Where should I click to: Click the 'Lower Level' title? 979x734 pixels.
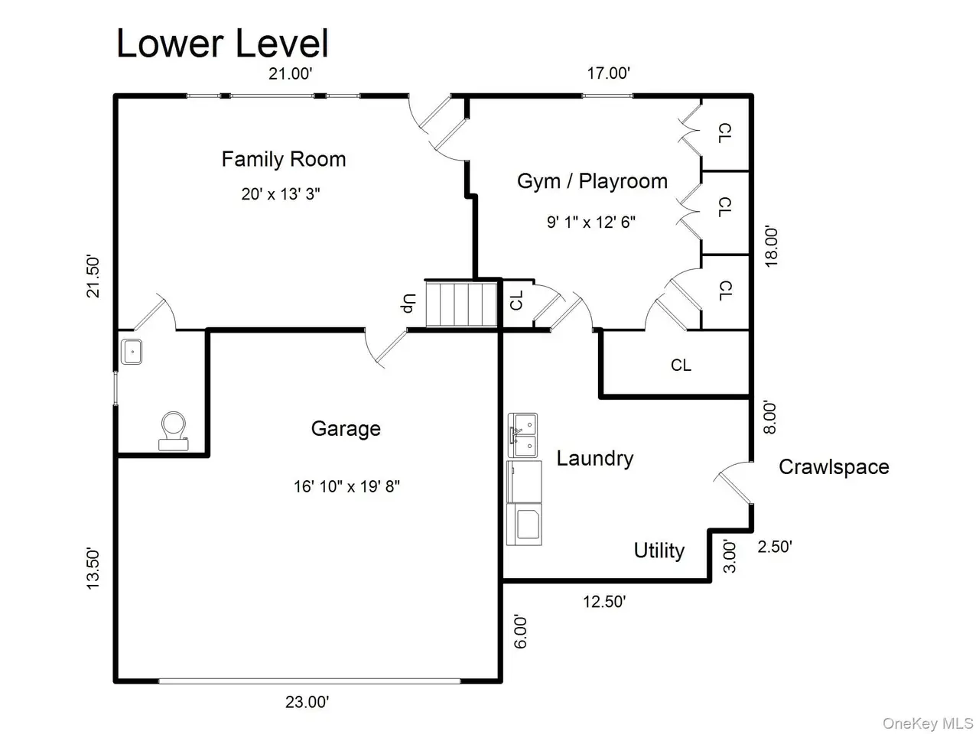pyautogui.click(x=222, y=44)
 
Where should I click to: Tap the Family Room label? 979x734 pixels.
pyautogui.click(x=284, y=159)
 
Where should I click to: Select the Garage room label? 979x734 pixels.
pyautogui.click(x=346, y=429)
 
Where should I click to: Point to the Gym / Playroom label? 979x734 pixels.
pyautogui.click(x=592, y=181)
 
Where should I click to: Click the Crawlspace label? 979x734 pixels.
pyautogui.click(x=834, y=467)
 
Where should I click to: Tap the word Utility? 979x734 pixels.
pyautogui.click(x=659, y=550)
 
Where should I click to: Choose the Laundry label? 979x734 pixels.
pyautogui.click(x=594, y=459)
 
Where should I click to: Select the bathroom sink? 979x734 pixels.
pyautogui.click(x=132, y=352)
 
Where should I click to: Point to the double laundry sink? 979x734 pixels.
pyautogui.click(x=522, y=435)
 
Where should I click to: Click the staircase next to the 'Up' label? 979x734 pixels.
pyautogui.click(x=461, y=304)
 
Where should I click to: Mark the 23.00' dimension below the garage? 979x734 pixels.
pyautogui.click(x=307, y=702)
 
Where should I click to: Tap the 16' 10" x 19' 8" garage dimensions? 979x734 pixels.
pyautogui.click(x=346, y=486)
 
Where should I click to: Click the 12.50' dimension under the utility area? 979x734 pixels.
pyautogui.click(x=604, y=602)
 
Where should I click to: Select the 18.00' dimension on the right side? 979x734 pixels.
pyautogui.click(x=771, y=246)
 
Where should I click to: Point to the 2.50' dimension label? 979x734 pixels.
pyautogui.click(x=775, y=547)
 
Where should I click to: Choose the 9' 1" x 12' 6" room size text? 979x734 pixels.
pyautogui.click(x=591, y=222)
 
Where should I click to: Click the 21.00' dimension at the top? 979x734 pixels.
pyautogui.click(x=291, y=73)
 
